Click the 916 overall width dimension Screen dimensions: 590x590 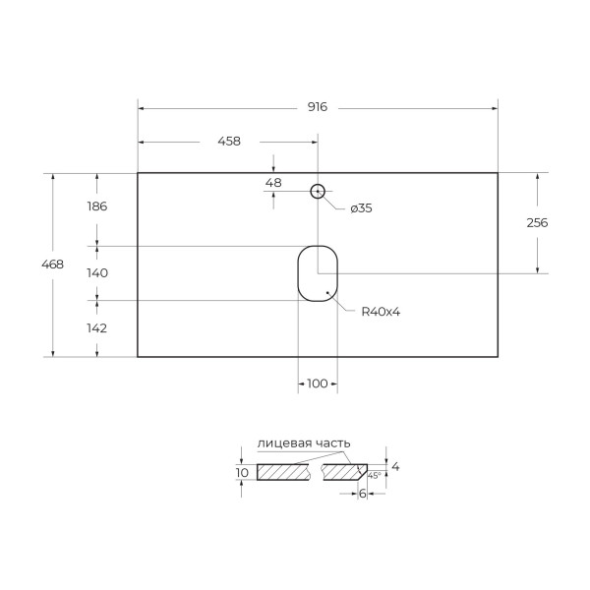coord(317,107)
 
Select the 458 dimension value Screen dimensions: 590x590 coord(228,142)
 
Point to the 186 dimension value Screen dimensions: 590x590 coord(96,206)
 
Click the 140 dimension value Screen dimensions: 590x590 coord(96,272)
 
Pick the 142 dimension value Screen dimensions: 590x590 coord(96,327)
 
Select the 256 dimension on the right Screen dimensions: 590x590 coord(537,222)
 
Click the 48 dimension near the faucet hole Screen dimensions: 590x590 coord(273,183)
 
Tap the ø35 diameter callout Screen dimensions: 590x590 coord(360,207)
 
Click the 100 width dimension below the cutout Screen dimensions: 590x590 coord(317,383)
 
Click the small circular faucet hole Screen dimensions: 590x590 coord(318,191)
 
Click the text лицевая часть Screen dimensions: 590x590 coord(303,443)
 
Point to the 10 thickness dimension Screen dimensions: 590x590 coord(242,473)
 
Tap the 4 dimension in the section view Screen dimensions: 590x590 coord(395,466)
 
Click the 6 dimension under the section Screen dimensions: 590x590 coord(362,494)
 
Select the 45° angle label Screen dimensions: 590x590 coord(374,475)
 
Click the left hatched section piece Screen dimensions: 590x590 coord(284,472)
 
